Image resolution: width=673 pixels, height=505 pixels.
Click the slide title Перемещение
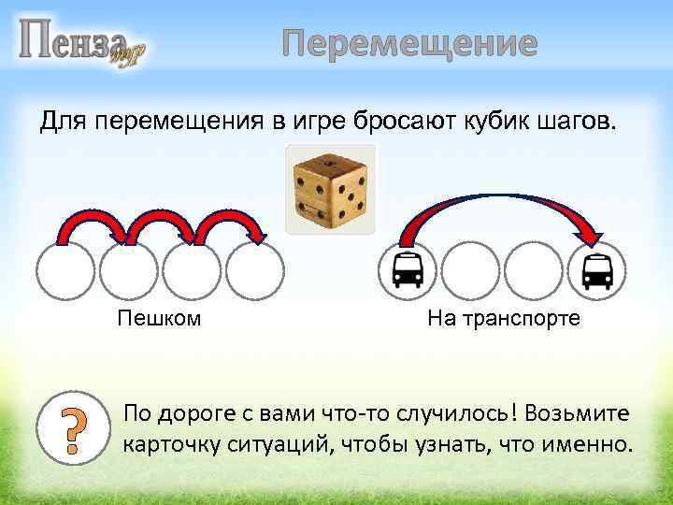(410, 44)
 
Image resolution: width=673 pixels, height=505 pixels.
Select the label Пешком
(159, 319)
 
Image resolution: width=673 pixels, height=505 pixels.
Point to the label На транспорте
(504, 319)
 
